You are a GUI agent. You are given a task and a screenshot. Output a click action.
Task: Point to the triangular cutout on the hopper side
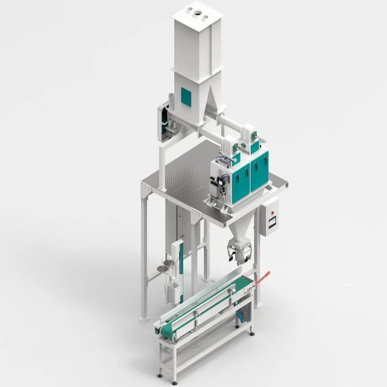pos(211,110)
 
